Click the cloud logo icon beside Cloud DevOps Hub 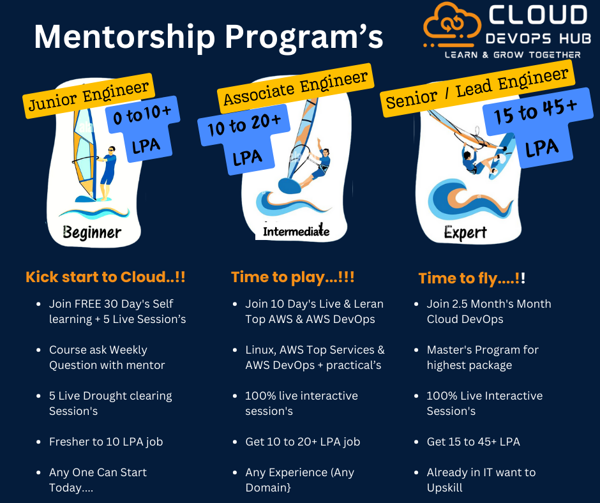[x=452, y=27]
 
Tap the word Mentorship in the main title [x=124, y=37]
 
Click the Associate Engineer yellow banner [x=296, y=88]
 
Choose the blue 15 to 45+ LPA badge [x=536, y=129]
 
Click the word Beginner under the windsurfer [x=92, y=232]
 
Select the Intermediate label [x=296, y=231]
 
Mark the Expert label [x=465, y=232]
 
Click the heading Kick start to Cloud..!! [x=105, y=277]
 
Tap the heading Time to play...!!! [x=292, y=277]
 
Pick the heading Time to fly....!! [x=472, y=278]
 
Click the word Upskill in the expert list [x=445, y=488]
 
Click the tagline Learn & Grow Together [x=513, y=55]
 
